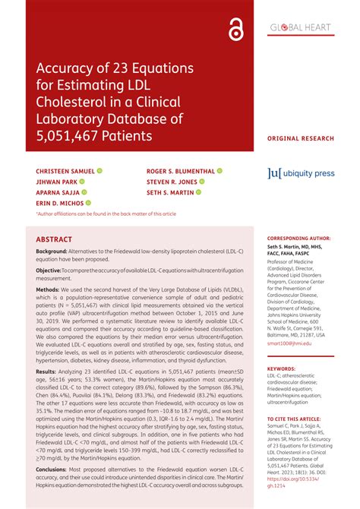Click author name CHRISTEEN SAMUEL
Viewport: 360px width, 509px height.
click(x=65, y=172)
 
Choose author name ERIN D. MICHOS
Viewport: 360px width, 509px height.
click(x=59, y=204)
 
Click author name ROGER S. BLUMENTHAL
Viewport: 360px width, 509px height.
click(x=180, y=172)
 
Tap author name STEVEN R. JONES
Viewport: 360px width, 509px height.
click(x=171, y=182)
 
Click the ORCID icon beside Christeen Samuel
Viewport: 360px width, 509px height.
click(x=99, y=172)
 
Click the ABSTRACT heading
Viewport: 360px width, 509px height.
click(x=55, y=239)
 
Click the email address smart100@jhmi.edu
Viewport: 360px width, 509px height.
click(x=289, y=343)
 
